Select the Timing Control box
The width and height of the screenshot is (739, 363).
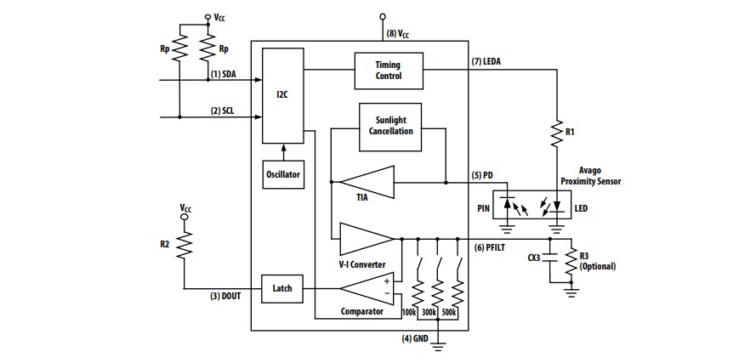click(388, 70)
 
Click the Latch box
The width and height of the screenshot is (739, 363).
click(282, 288)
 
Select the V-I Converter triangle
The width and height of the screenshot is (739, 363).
click(366, 236)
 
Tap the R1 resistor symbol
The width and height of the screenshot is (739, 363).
click(557, 132)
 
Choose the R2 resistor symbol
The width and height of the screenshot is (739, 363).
click(184, 244)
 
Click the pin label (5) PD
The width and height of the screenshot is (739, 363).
click(483, 176)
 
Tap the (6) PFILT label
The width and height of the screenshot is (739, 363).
click(491, 247)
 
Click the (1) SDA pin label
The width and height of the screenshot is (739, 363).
click(224, 74)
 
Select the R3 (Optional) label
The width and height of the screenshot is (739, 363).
click(596, 260)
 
